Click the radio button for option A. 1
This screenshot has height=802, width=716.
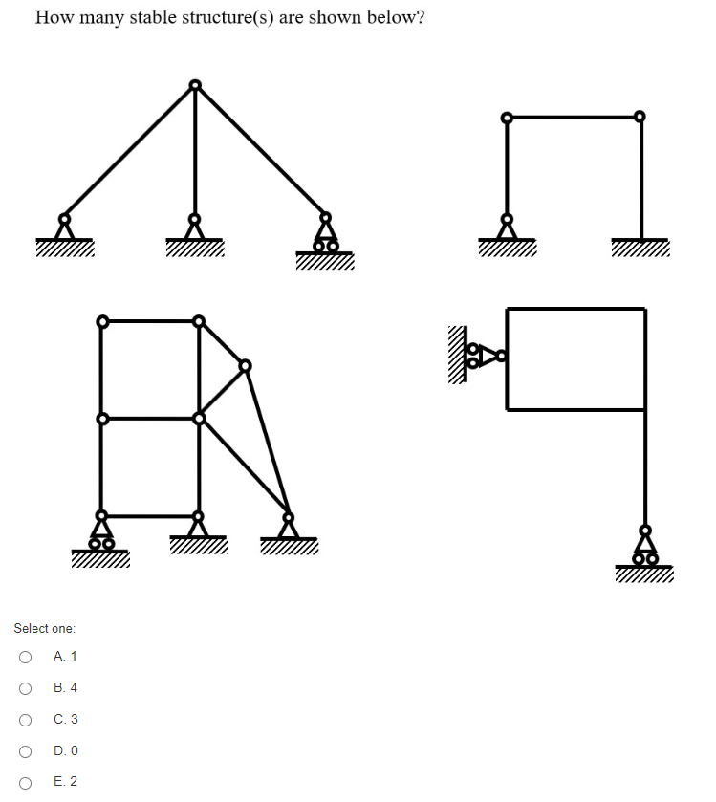pyautogui.click(x=25, y=657)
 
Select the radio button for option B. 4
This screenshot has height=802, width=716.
pyautogui.click(x=25, y=688)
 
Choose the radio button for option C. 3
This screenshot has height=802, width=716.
pyautogui.click(x=25, y=719)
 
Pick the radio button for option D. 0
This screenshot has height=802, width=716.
pyautogui.click(x=25, y=750)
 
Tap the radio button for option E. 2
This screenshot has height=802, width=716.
pyautogui.click(x=25, y=782)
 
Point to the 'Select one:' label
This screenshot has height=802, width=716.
pyautogui.click(x=44, y=628)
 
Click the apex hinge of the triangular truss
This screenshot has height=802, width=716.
pyautogui.click(x=195, y=85)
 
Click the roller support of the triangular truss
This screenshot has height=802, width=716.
pyautogui.click(x=326, y=235)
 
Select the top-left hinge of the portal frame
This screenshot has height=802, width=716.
pyautogui.click(x=507, y=118)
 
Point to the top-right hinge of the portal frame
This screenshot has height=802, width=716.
pyautogui.click(x=640, y=117)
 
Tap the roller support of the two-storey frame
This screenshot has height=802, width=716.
pyautogui.click(x=100, y=531)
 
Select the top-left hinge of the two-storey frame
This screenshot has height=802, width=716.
pyautogui.click(x=100, y=320)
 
